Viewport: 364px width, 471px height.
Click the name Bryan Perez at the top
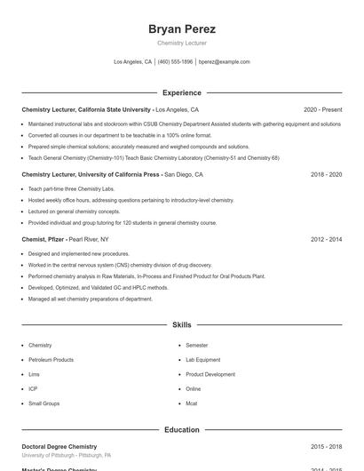(x=182, y=29)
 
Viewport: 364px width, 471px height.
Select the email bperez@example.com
(x=224, y=62)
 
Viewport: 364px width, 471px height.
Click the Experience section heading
(x=182, y=92)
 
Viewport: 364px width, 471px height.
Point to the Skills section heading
(x=182, y=325)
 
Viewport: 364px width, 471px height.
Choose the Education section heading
(x=182, y=430)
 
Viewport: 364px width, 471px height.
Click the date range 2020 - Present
(x=322, y=110)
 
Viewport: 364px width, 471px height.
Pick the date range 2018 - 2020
(x=326, y=175)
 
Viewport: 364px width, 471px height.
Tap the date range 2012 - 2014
(x=326, y=240)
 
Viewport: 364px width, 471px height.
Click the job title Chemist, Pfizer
(x=43, y=240)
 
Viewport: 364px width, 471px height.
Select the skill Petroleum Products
(x=51, y=360)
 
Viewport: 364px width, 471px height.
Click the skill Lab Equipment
(x=203, y=360)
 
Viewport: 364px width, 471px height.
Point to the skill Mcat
(x=193, y=403)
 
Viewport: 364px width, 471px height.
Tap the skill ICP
(x=33, y=389)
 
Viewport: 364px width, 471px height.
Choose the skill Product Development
(x=210, y=374)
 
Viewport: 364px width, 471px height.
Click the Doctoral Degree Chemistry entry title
(x=59, y=446)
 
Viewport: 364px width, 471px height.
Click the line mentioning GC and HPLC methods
(x=98, y=288)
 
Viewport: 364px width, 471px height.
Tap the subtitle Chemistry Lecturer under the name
(x=182, y=44)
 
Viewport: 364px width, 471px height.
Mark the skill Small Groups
(x=44, y=403)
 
